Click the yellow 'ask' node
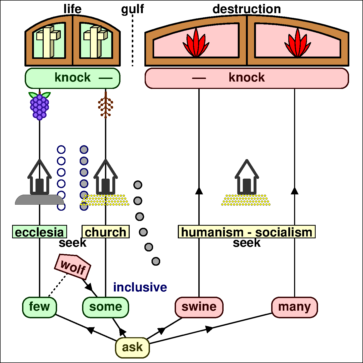pyautogui.click(x=132, y=347)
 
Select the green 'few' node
pyautogui.click(x=39, y=307)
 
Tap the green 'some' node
pyautogui.click(x=105, y=307)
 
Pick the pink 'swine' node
pyautogui.click(x=199, y=307)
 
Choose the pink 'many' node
pyautogui.click(x=294, y=307)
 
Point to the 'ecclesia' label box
pyautogui.click(x=39, y=232)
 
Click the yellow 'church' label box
pyautogui.click(x=105, y=232)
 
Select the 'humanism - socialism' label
pyautogui.click(x=246, y=232)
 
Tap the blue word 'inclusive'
pyautogui.click(x=140, y=287)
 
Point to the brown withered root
pyautogui.click(x=105, y=105)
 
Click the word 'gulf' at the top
pyautogui.click(x=132, y=9)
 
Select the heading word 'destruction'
pyautogui.click(x=246, y=9)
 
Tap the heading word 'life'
pyautogui.click(x=72, y=9)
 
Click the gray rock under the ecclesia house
pyautogui.click(x=39, y=200)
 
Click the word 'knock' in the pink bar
pyautogui.click(x=246, y=78)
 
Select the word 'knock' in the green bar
pyautogui.click(x=73, y=78)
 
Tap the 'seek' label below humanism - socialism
pyautogui.click(x=246, y=243)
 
